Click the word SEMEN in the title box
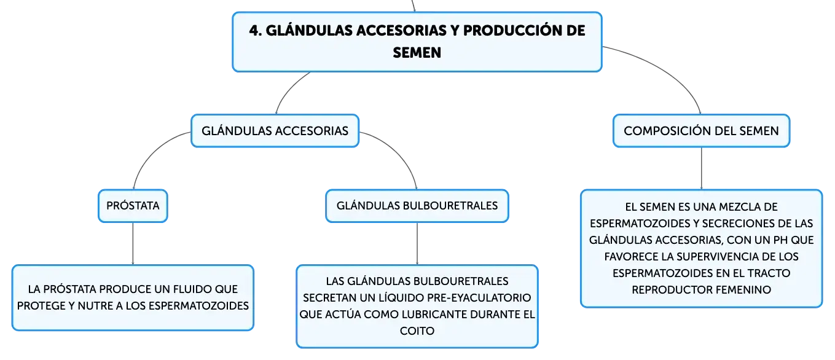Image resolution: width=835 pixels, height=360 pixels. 417,53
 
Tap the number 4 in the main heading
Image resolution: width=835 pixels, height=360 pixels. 254,31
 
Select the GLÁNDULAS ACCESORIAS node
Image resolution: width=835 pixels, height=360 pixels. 275,131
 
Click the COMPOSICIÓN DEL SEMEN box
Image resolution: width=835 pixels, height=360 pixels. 701,131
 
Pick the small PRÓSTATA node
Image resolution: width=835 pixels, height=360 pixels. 133,206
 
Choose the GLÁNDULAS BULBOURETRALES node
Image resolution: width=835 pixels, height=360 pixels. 417,206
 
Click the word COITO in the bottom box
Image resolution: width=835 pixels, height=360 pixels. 417,331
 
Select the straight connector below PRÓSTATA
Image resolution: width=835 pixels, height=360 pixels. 133,244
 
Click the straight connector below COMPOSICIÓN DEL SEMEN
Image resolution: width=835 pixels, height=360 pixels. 701,168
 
